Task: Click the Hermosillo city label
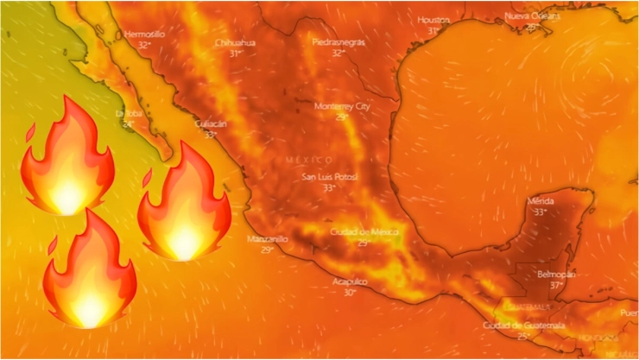pos(143,35)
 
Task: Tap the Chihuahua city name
pos(235,42)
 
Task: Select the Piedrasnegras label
pos(338,42)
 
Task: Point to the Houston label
pos(433,20)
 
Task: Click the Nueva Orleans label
pos(533,17)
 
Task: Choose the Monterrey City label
pos(341,106)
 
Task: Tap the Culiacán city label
pos(211,124)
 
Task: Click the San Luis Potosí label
pos(328,177)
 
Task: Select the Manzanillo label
pos(267,239)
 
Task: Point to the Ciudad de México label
pos(364,232)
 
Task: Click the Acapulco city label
pos(350,282)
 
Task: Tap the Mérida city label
pos(541,201)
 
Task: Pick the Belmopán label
pos(556,274)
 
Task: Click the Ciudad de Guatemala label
pos(524,325)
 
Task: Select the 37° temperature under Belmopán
pos(556,285)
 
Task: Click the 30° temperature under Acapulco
pos(350,293)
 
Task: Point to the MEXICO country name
pos(308,160)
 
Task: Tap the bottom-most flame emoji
pos(90,272)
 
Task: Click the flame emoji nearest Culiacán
pos(183,205)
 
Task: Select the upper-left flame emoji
pos(67,159)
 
